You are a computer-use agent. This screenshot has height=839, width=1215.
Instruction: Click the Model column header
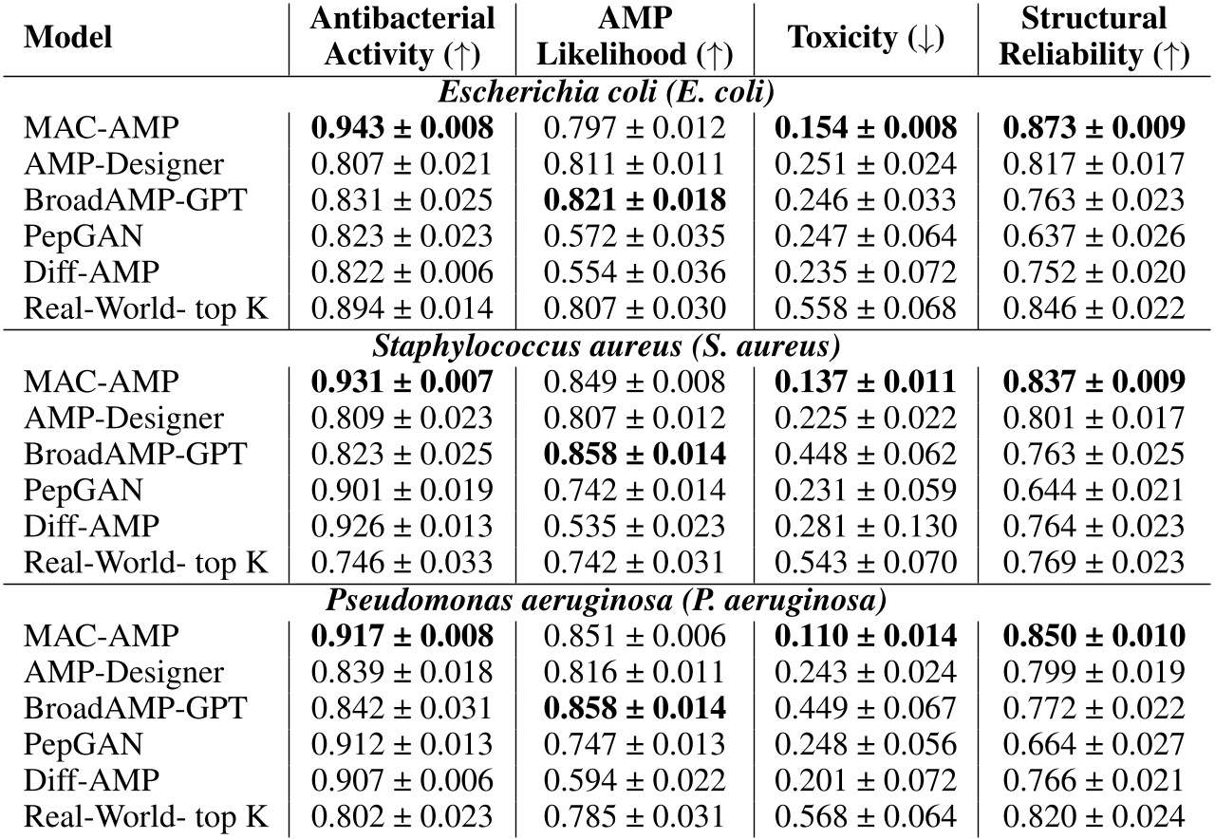[67, 37]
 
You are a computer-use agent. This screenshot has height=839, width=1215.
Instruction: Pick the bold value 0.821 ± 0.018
[634, 200]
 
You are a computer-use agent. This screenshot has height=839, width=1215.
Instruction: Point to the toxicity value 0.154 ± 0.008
[866, 128]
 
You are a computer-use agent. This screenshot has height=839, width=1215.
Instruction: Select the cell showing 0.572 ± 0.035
[634, 236]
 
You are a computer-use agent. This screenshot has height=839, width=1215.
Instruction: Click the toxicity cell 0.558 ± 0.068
[866, 308]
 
